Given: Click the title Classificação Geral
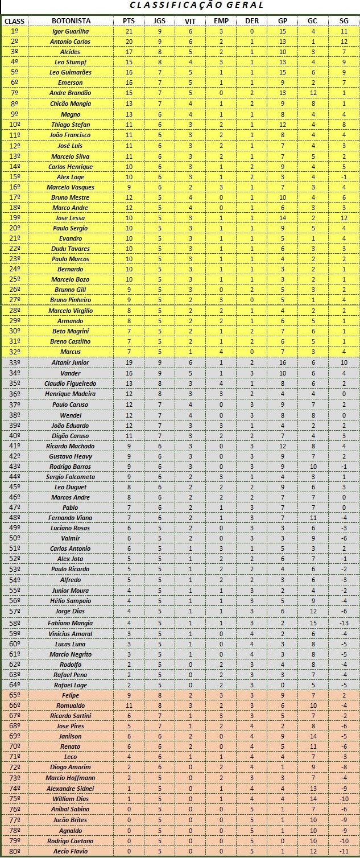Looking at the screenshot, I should click(197, 5).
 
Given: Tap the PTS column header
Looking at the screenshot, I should click(129, 21).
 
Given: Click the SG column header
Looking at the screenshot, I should click(344, 21).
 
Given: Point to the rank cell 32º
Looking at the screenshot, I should click(15, 352).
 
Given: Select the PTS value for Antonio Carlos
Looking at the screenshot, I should click(129, 42).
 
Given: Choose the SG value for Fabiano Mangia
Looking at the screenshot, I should click(344, 623).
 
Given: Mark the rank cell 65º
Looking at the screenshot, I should click(15, 695).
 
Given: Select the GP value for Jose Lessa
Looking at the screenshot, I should click(282, 218).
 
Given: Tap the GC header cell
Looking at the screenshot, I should click(312, 21).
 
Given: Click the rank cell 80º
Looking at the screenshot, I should click(15, 851).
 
